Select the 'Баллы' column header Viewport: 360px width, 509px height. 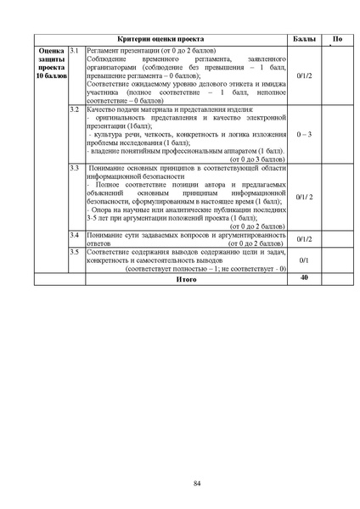click(302, 40)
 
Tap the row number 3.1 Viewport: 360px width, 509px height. click(75, 51)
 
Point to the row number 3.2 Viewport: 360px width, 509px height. click(75, 110)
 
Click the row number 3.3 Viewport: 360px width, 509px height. click(75, 169)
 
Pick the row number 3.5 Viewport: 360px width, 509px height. click(75, 252)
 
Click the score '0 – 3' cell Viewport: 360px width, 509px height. click(303, 134)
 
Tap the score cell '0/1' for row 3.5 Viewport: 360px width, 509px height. click(303, 260)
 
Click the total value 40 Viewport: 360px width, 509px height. click(303, 277)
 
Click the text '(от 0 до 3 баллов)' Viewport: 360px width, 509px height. click(258, 159)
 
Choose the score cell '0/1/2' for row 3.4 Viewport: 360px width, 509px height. click(303, 239)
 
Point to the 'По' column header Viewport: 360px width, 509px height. click(337, 40)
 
